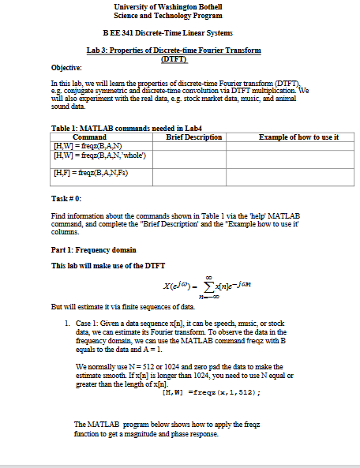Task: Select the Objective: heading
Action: pos(66,69)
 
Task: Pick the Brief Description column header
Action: pos(194,137)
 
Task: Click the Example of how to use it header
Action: pos(292,137)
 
